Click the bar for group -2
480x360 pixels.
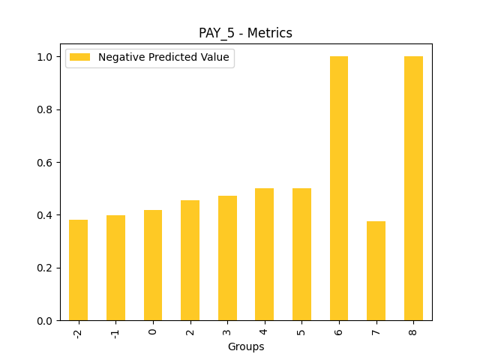[x=78, y=270]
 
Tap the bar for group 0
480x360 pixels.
[x=153, y=265]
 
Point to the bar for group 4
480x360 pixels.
[x=265, y=254]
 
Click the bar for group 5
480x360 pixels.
[x=301, y=254]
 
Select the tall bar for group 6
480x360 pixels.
[x=339, y=188]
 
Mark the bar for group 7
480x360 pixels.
[x=376, y=271]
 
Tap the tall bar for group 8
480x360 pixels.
[x=413, y=188]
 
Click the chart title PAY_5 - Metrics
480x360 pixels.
[x=245, y=33]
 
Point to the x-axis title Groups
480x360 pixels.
[x=246, y=346]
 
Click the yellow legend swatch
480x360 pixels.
[x=79, y=58]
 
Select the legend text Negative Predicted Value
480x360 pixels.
[x=163, y=58]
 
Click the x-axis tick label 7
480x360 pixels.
[x=376, y=330]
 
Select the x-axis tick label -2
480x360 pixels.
[x=78, y=332]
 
